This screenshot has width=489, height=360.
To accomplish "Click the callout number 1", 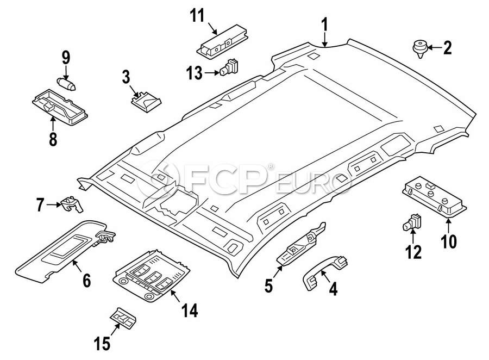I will [x=324, y=24].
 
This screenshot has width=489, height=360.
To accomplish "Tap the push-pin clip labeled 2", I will [x=419, y=47].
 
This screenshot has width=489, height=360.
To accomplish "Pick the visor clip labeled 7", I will [x=72, y=204].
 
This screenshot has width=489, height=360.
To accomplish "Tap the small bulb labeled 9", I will [x=66, y=83].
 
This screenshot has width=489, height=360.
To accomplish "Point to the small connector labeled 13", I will [x=230, y=67].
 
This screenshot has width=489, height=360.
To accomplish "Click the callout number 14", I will [x=189, y=311].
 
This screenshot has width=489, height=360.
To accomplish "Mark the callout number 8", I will [x=53, y=139].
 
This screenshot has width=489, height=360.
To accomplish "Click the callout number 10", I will [x=449, y=240].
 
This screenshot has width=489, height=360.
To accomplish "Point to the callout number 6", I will [x=86, y=281].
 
